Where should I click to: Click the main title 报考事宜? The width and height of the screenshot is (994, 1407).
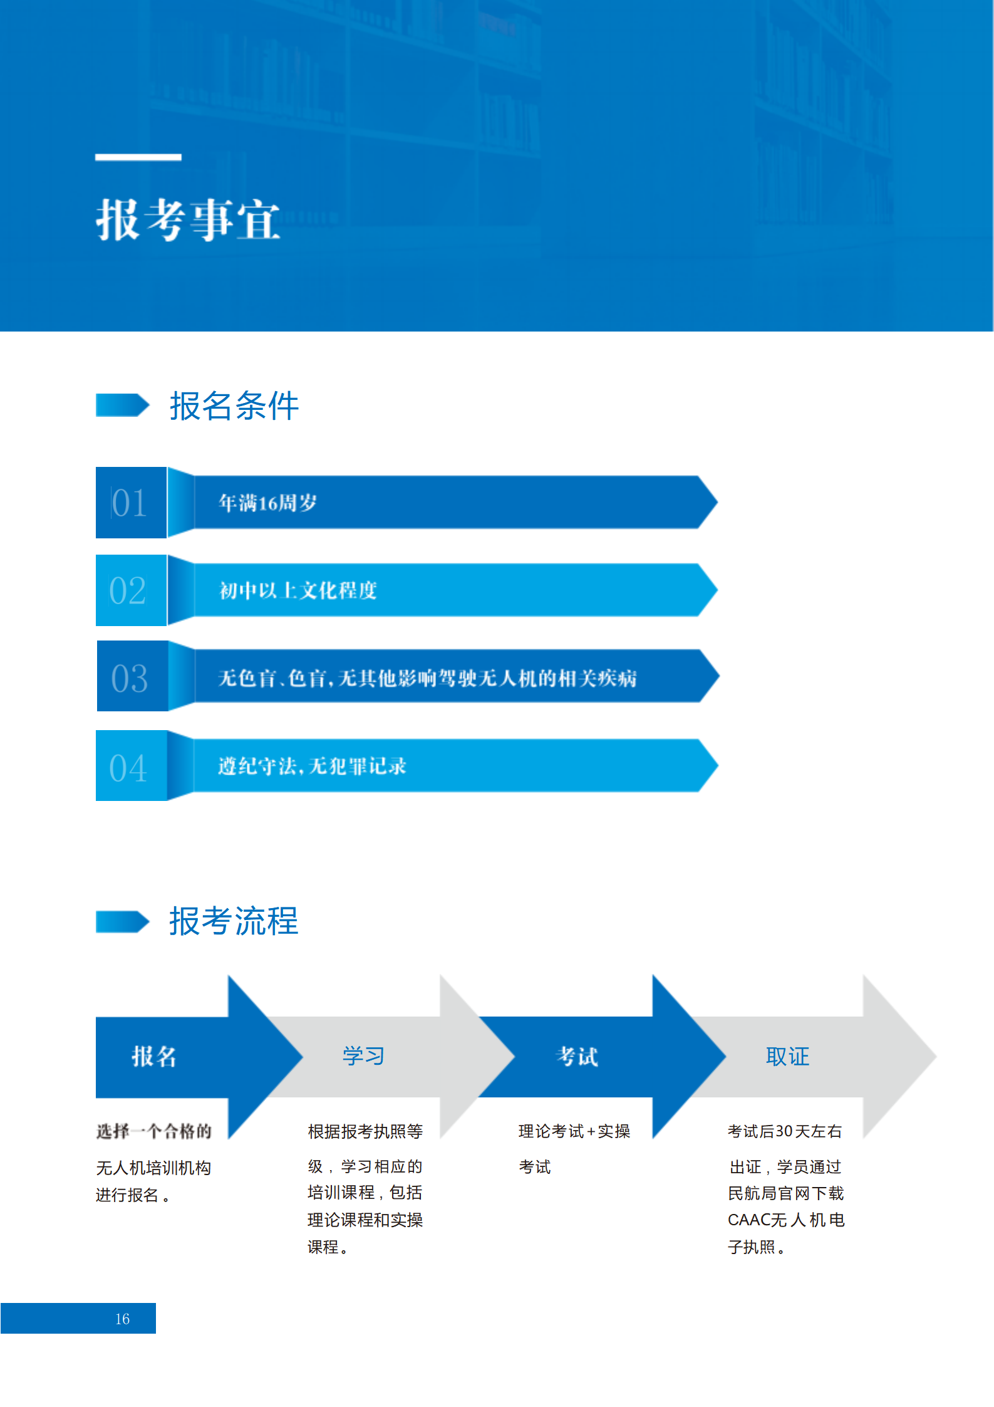[x=188, y=219]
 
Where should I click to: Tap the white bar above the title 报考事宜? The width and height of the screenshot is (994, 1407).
[x=138, y=157]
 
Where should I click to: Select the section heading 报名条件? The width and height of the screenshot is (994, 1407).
[x=234, y=405]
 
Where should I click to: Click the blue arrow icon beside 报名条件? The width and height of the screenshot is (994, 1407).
[x=123, y=405]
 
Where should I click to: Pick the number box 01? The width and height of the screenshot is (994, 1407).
[x=131, y=503]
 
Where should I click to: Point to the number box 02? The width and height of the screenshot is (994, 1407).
[x=131, y=590]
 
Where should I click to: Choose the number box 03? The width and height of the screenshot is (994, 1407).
[x=132, y=676]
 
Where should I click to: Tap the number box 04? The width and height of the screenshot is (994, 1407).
[x=131, y=766]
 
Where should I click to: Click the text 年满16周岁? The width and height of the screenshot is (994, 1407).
[x=267, y=503]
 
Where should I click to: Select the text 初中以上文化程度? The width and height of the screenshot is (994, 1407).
[x=298, y=590]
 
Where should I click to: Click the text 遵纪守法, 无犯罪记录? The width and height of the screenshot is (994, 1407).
[x=312, y=766]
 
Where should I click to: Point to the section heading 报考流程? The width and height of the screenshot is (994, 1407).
[x=234, y=921]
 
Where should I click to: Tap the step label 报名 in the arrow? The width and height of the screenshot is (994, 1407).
[x=154, y=1057]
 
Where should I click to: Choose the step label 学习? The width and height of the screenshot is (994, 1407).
[x=363, y=1056]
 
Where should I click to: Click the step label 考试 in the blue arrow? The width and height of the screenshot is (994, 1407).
[x=577, y=1057]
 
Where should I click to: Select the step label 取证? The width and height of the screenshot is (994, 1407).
[x=787, y=1057]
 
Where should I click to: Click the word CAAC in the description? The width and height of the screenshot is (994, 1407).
[x=748, y=1220]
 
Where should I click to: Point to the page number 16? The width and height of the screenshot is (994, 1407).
[x=122, y=1319]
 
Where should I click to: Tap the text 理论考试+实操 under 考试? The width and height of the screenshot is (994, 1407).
[x=574, y=1131]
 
